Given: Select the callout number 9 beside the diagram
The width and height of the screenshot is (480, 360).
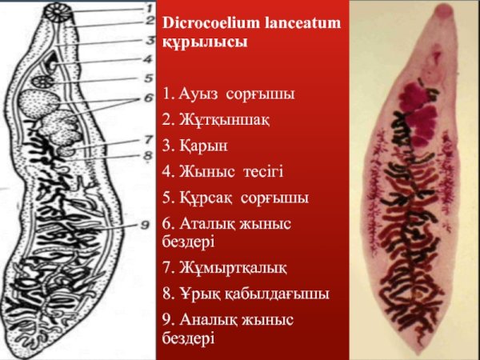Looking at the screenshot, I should point(145,226).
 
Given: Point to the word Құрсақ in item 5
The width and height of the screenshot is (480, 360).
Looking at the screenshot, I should point(197,197).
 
